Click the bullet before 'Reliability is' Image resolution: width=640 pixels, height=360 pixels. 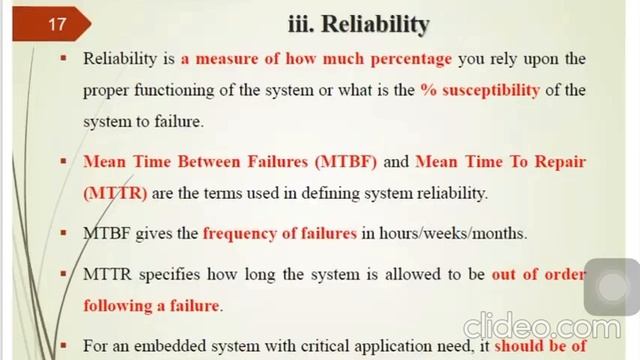click(63, 59)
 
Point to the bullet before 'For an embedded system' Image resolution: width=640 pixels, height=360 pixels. click(63, 348)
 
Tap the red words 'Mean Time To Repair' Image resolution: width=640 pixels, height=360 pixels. click(500, 160)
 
